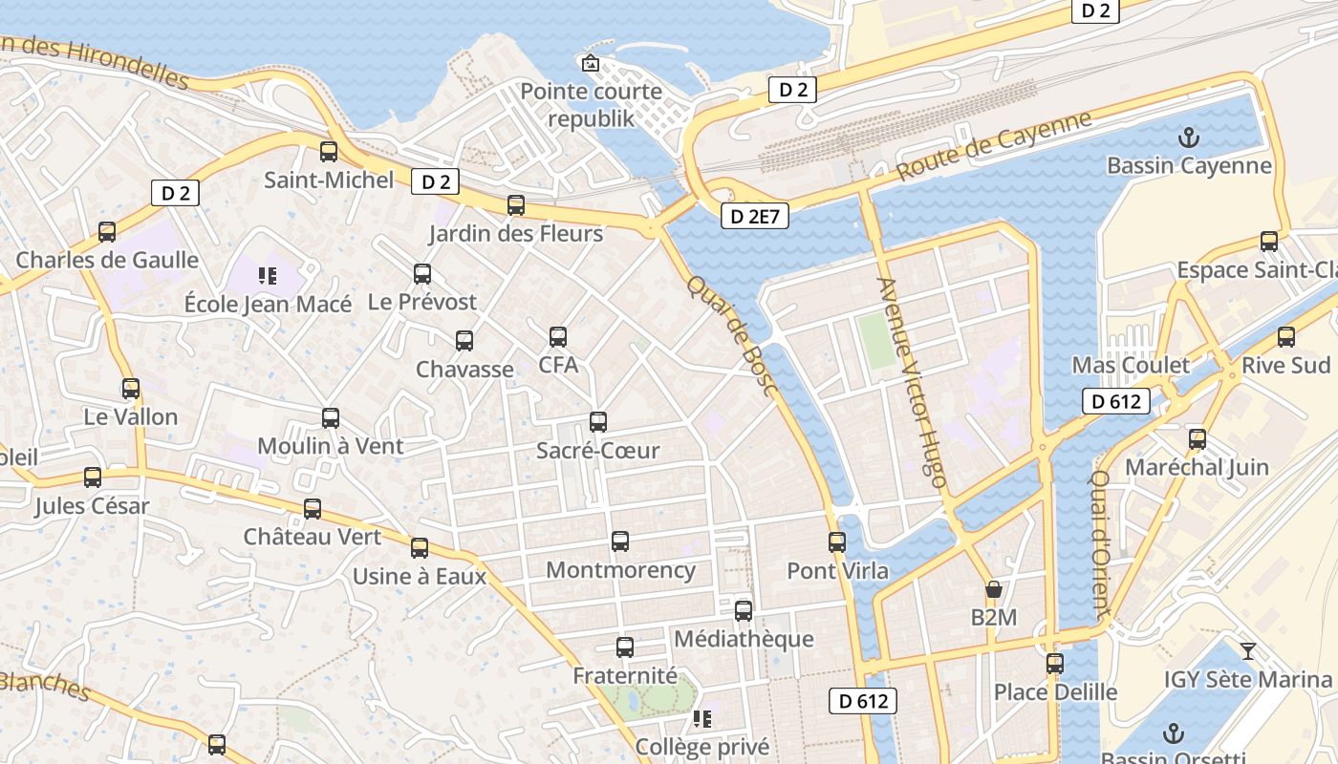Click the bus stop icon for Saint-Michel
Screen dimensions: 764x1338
[x=329, y=151]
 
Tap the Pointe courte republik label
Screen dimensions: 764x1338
[x=591, y=105]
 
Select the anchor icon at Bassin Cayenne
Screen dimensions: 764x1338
[x=1188, y=138]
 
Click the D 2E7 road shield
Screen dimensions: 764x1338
[x=754, y=217]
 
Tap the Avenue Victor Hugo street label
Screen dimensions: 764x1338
[x=912, y=382]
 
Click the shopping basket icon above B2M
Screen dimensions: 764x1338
[x=994, y=589]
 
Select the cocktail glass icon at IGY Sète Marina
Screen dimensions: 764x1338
[x=1247, y=651]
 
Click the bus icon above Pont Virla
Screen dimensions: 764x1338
[x=837, y=542]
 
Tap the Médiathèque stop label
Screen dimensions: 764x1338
[x=744, y=639]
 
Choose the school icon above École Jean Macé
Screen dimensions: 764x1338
[x=268, y=277]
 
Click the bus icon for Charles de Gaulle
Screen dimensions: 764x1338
[x=107, y=232]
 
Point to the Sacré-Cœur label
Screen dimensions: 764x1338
[x=597, y=450]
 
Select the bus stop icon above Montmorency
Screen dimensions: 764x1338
[x=620, y=541]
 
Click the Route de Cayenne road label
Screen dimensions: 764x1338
[x=994, y=146]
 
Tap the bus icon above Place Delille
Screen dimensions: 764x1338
[x=1055, y=663]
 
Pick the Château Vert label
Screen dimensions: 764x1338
[x=312, y=537]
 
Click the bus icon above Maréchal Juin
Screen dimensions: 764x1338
[x=1198, y=439]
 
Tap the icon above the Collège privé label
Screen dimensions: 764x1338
[x=702, y=718]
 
